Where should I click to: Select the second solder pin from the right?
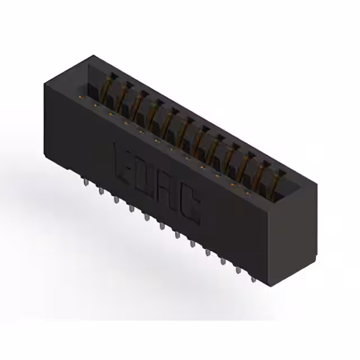pyautogui.click(x=238, y=269)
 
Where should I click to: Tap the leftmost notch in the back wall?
pyautogui.click(x=113, y=74)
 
